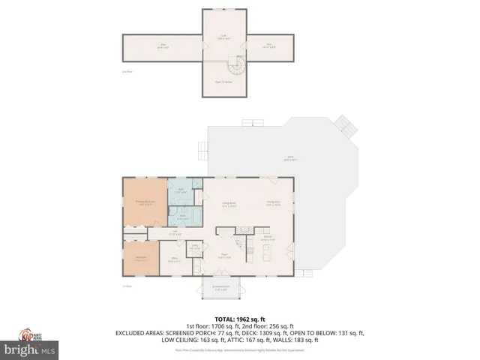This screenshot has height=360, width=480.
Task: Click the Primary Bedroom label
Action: click(145, 202)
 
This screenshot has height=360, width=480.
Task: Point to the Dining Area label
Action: click(274, 202)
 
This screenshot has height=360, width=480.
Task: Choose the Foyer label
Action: click(223, 256)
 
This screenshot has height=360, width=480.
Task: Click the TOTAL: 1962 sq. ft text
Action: click(240, 319)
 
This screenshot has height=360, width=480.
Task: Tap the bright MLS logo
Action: click(29, 349)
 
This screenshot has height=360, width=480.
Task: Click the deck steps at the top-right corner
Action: click(343, 124)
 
